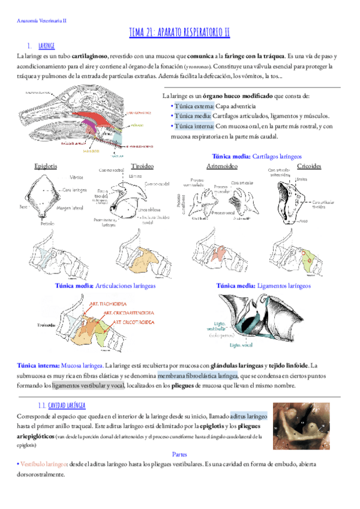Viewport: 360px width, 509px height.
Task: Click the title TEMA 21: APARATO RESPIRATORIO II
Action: [x=179, y=32]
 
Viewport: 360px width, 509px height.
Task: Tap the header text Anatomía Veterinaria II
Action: [x=42, y=20]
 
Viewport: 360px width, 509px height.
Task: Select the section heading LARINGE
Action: [x=46, y=45]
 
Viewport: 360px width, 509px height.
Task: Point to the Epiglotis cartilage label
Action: [x=46, y=165]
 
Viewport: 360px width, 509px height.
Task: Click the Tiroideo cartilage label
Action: [x=142, y=165]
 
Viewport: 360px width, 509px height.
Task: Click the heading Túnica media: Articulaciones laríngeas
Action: [x=105, y=286]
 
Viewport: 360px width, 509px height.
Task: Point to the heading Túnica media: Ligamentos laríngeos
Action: [x=263, y=286]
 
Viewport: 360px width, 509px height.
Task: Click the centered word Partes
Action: [x=180, y=454]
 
